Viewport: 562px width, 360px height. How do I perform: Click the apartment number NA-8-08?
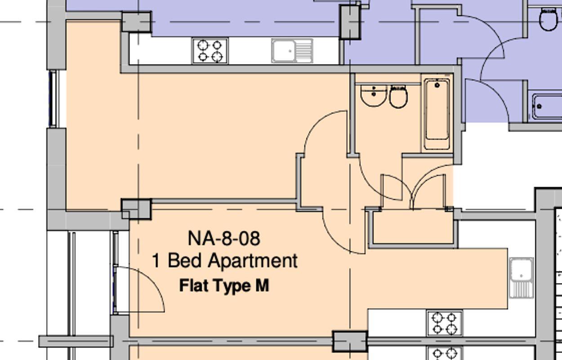(x=223, y=238)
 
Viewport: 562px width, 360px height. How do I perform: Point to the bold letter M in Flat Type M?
(x=262, y=286)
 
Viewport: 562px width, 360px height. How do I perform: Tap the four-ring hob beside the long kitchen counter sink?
(x=210, y=51)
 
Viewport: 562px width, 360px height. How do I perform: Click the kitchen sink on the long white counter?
(x=292, y=50)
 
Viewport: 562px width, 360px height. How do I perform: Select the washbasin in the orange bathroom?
(x=374, y=95)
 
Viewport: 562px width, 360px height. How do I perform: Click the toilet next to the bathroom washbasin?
(x=398, y=96)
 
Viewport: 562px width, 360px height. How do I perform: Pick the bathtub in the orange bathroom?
(x=437, y=114)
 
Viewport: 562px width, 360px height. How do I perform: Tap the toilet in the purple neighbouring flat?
(x=548, y=19)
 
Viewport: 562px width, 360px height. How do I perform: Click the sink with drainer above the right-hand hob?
(x=521, y=277)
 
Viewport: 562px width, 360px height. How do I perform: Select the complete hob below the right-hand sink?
(x=444, y=323)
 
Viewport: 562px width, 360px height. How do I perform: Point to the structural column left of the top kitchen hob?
(x=136, y=22)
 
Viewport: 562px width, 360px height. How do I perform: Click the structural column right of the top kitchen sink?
(x=350, y=22)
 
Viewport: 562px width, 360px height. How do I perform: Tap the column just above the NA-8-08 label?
(x=137, y=209)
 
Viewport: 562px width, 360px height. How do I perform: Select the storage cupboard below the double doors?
(x=413, y=229)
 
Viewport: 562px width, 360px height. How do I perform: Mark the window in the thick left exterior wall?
(x=53, y=99)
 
